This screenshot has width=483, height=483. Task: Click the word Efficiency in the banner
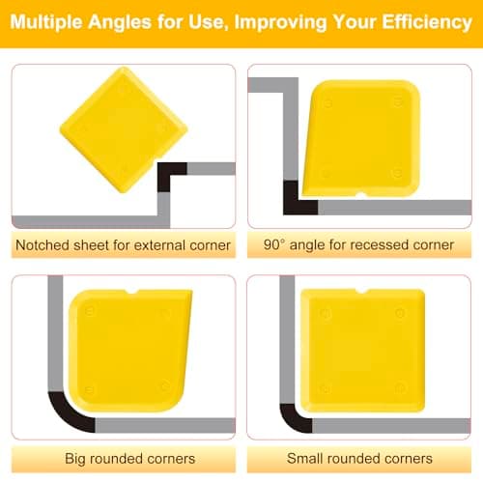click(x=427, y=22)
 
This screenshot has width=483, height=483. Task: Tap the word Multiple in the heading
click(x=46, y=22)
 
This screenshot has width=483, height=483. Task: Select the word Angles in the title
click(x=120, y=23)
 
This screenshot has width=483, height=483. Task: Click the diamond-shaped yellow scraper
click(x=124, y=129)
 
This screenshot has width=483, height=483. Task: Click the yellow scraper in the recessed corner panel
click(x=361, y=138)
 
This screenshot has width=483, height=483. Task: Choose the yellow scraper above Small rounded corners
click(x=362, y=351)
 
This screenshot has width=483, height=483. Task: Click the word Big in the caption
click(x=75, y=459)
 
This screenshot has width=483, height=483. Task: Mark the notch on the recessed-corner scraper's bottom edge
click(x=361, y=194)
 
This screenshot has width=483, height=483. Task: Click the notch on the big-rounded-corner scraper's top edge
click(x=131, y=292)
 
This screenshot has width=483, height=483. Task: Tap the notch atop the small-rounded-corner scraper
click(x=361, y=291)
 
